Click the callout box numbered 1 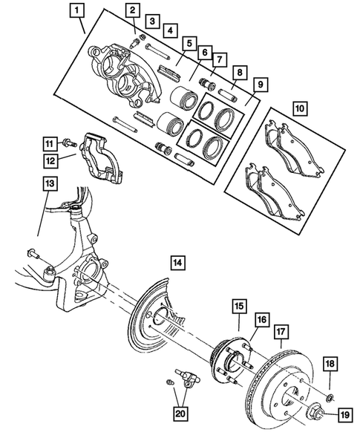click(x=77, y=11)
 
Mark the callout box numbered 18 click(x=329, y=362)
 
